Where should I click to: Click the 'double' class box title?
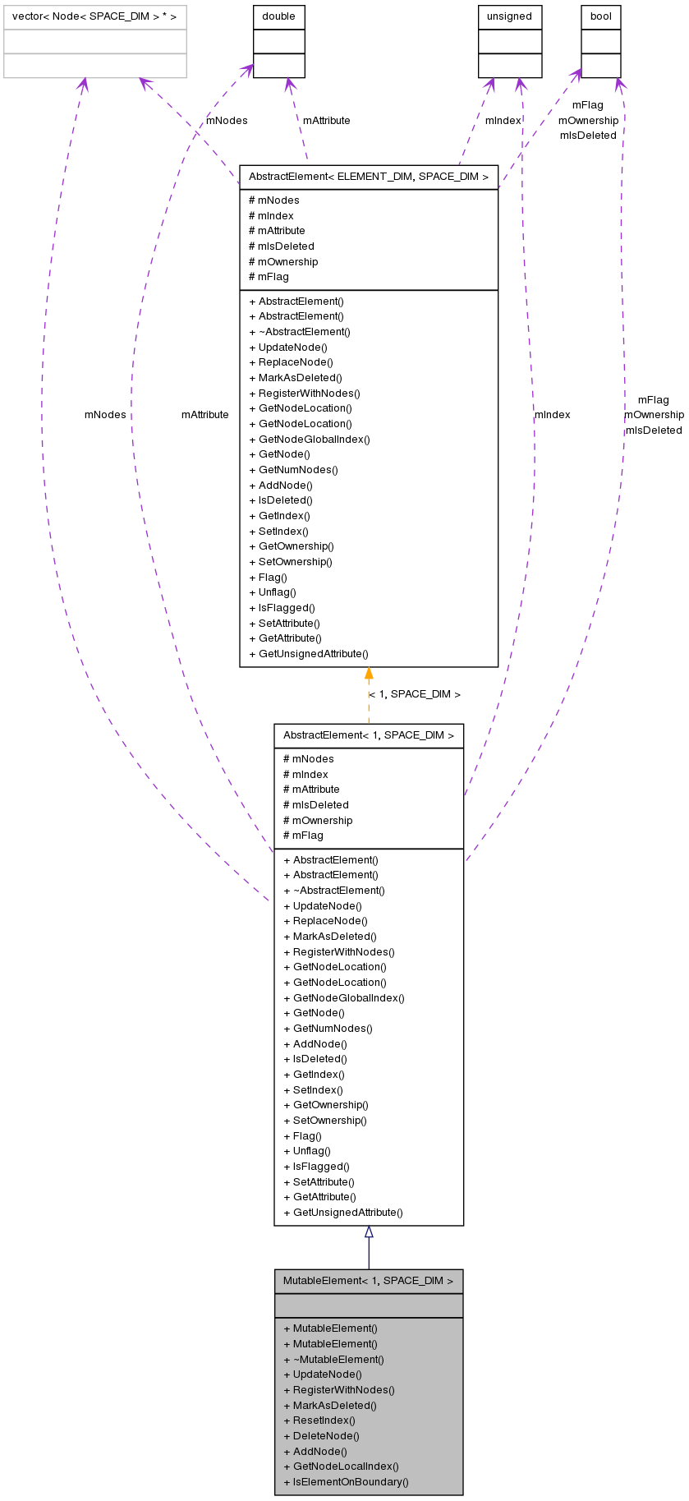(278, 16)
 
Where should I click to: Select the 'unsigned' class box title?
(509, 16)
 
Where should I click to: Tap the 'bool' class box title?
(600, 16)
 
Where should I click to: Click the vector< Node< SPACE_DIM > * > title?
(94, 16)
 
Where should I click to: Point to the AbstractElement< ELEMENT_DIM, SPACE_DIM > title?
(369, 177)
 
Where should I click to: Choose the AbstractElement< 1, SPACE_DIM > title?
(369, 735)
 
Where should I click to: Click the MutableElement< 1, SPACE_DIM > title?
(369, 1281)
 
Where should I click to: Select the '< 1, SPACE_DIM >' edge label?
(415, 694)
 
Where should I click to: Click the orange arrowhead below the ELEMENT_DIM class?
(369, 674)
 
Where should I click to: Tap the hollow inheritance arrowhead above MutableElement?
(369, 1232)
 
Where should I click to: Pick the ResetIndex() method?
(319, 1420)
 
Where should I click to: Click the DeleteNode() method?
(321, 1436)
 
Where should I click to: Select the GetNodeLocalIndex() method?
(341, 1466)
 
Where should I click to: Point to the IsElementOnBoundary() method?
(346, 1482)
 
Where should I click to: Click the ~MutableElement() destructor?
(333, 1359)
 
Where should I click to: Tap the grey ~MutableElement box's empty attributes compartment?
(369, 1305)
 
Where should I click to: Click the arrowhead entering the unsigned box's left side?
(490, 83)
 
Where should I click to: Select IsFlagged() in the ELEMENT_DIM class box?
(282, 608)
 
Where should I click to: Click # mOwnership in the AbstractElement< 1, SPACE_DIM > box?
(318, 821)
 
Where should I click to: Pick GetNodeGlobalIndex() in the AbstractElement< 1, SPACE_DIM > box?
(344, 998)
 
